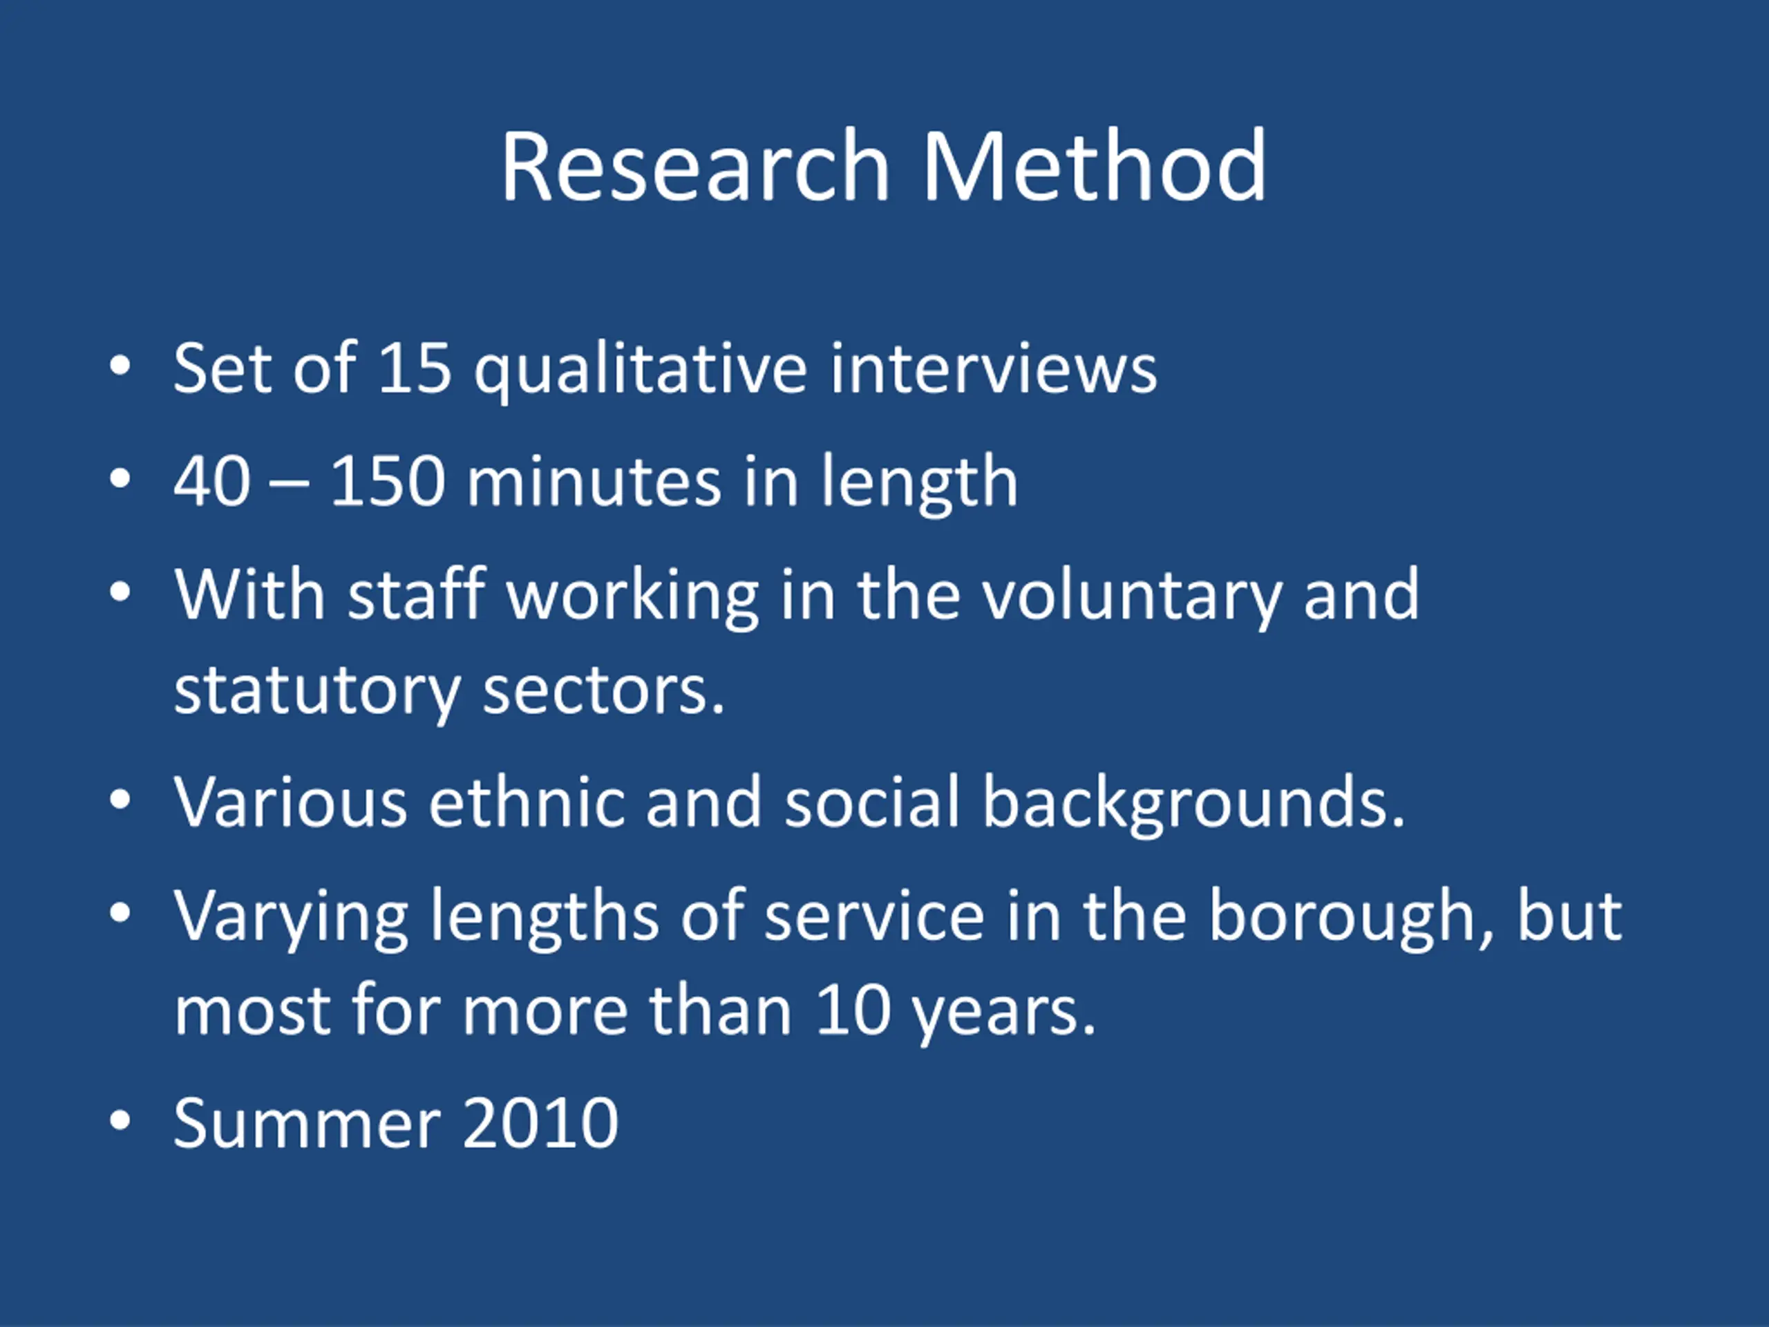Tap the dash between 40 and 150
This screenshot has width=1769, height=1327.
(290, 485)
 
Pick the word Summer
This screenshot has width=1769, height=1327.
(307, 1123)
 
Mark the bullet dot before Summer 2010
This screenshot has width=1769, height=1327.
(120, 1120)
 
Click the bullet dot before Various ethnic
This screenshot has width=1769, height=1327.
(120, 799)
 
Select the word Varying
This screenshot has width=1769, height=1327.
(291, 919)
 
